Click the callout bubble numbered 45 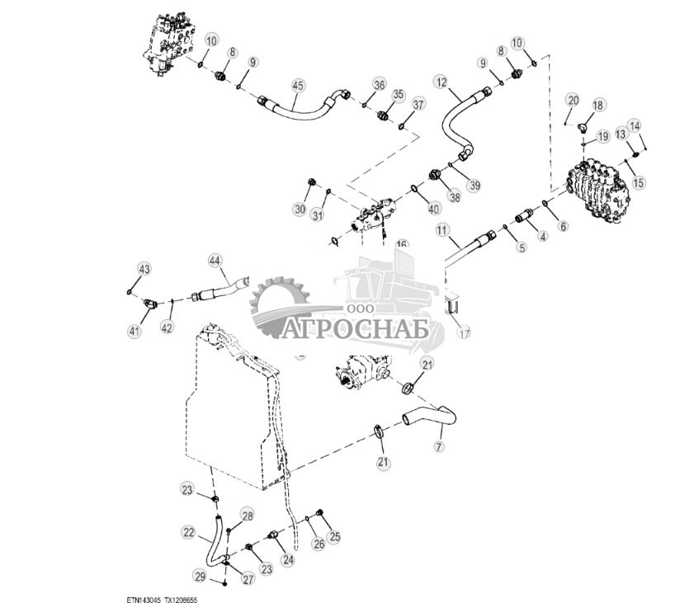pyautogui.click(x=298, y=85)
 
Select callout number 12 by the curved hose pyautogui.click(x=441, y=82)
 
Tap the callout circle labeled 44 pyautogui.click(x=215, y=261)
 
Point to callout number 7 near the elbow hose pyautogui.click(x=439, y=446)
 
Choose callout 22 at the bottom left pyautogui.click(x=189, y=532)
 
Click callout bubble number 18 pyautogui.click(x=598, y=106)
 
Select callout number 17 pyautogui.click(x=464, y=333)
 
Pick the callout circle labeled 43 pyautogui.click(x=144, y=270)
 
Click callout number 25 pyautogui.click(x=334, y=537)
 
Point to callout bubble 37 pyautogui.click(x=418, y=105)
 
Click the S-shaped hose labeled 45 pyautogui.click(x=301, y=106)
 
